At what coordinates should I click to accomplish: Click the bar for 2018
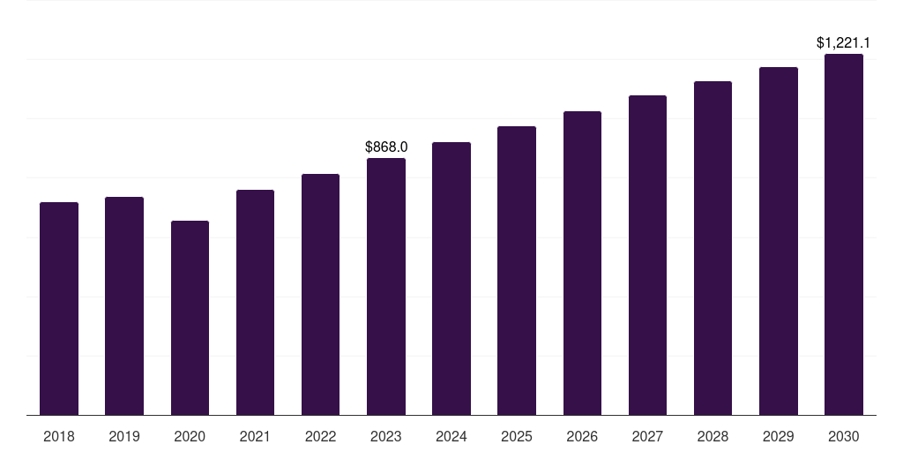(x=59, y=309)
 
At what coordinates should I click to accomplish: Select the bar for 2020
(x=190, y=318)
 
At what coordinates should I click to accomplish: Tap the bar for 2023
(x=386, y=287)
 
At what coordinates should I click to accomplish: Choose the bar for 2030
(x=844, y=235)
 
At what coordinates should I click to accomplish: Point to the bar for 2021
(x=255, y=303)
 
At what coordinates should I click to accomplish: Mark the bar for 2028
(x=713, y=248)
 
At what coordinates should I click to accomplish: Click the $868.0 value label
(x=386, y=147)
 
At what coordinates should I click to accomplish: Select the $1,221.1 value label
(x=844, y=42)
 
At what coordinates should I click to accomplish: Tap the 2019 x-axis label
(x=124, y=436)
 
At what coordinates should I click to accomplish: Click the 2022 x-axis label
(x=320, y=436)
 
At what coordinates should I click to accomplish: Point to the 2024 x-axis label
(x=451, y=436)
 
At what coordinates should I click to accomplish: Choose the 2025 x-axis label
(x=517, y=436)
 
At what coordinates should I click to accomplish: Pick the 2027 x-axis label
(x=647, y=436)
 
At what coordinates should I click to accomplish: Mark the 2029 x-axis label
(x=779, y=436)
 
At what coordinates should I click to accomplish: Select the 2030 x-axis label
(x=844, y=436)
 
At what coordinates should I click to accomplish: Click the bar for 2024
(x=451, y=279)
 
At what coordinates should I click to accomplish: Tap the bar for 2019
(x=124, y=306)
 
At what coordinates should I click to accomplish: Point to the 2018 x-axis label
(x=59, y=436)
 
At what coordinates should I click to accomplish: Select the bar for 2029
(x=779, y=241)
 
